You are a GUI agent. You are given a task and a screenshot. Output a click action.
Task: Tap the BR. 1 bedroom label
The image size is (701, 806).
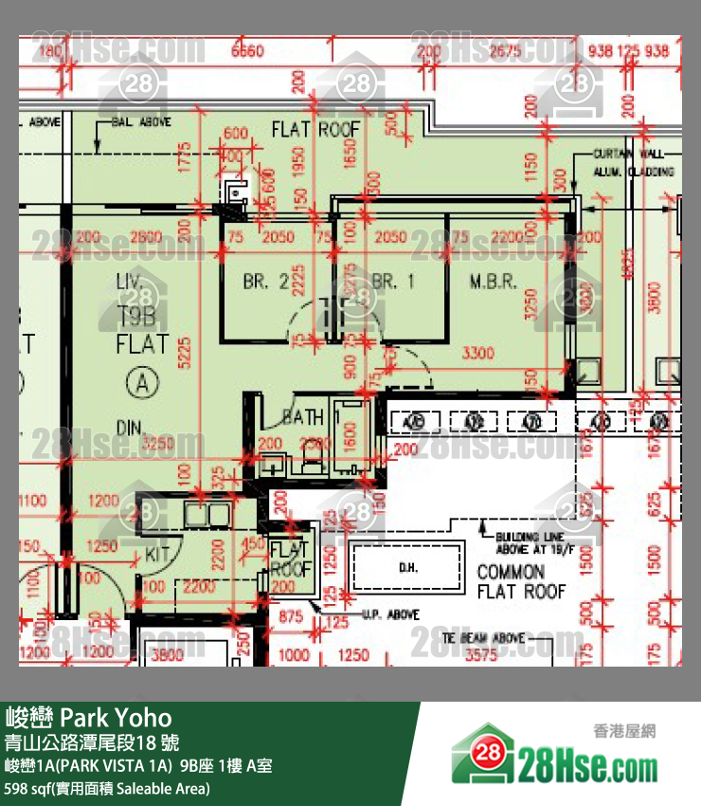393,282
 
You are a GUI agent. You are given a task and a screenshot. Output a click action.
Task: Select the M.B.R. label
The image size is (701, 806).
493,282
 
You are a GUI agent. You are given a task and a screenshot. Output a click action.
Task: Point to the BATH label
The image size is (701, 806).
303,417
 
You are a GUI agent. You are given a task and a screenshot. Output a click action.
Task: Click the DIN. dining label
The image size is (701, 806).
129,427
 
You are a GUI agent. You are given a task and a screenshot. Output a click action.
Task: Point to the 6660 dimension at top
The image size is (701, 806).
247,51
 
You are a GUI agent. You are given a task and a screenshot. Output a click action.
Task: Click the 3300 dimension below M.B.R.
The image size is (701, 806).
477,354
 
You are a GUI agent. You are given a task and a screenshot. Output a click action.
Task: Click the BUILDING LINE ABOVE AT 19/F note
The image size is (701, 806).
531,543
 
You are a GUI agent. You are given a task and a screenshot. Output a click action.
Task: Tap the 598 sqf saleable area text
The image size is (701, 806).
107,788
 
